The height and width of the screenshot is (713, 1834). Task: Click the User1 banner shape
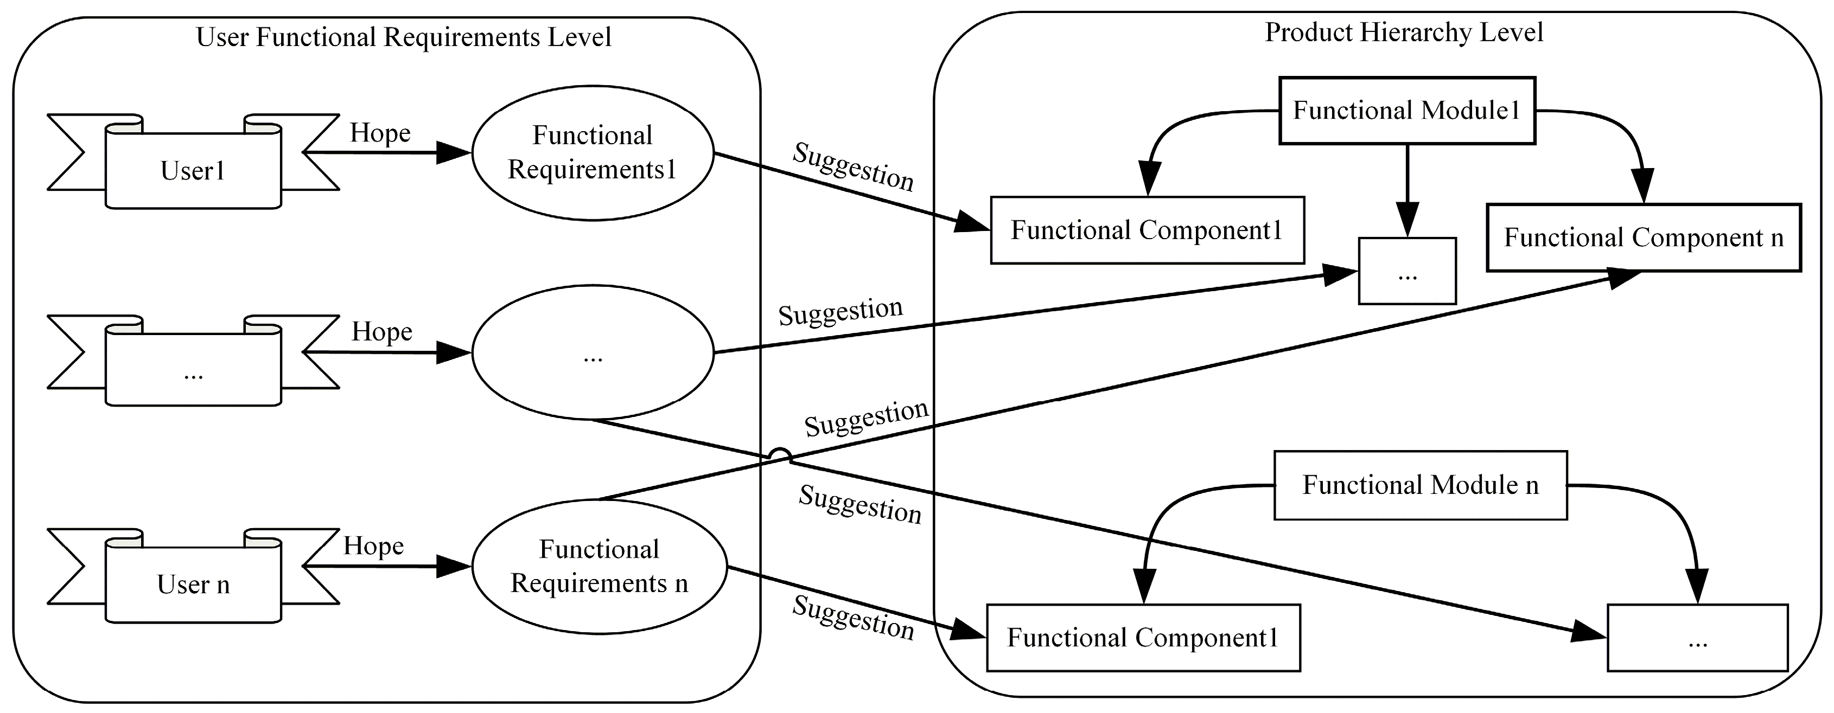coord(193,171)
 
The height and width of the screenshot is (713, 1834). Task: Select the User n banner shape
coord(193,584)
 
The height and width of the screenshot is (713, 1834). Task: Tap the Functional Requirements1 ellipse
coord(593,153)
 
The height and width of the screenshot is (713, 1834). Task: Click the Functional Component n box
coord(1643,237)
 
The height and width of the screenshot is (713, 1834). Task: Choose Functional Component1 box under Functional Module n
coord(1143,638)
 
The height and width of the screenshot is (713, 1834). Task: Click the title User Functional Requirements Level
coord(404,37)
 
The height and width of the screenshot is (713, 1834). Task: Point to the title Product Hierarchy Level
coord(1403,33)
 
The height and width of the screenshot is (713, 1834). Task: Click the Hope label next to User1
coord(380,133)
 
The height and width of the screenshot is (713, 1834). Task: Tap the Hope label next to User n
coord(374,546)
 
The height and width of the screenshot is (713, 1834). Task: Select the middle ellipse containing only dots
coord(593,352)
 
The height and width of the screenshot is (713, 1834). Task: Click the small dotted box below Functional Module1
coord(1407,271)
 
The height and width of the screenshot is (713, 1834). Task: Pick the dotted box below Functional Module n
coord(1697,638)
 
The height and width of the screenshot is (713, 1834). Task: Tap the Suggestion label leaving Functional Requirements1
coord(853,167)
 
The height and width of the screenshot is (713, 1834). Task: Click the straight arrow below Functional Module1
coord(1407,189)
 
